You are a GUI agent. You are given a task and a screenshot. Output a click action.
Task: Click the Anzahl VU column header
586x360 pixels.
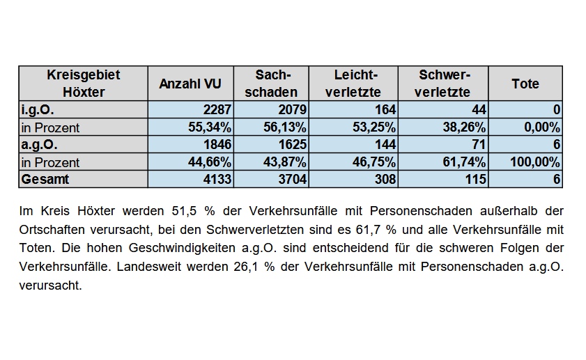pyautogui.click(x=190, y=84)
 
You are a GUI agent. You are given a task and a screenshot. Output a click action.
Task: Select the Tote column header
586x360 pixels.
pyautogui.click(x=525, y=84)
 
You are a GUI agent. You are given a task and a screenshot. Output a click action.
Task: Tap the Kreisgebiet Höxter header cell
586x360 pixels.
pyautogui.click(x=84, y=84)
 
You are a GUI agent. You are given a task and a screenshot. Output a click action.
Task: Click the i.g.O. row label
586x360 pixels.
pyautogui.click(x=38, y=110)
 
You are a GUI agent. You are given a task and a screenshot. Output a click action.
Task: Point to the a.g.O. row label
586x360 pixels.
pyautogui.click(x=39, y=145)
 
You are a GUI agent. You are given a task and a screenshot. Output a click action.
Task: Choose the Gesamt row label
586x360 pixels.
pyautogui.click(x=45, y=179)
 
